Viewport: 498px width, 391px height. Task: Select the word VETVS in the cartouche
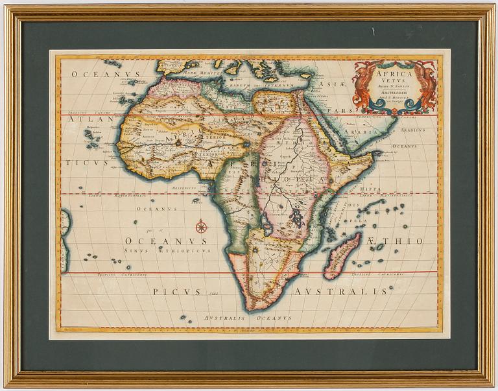(394, 82)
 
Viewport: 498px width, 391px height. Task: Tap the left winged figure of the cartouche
(364, 84)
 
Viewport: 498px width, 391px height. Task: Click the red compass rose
(201, 226)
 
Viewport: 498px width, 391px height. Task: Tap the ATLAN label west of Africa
(84, 120)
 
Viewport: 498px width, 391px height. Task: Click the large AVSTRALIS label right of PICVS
(340, 292)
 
